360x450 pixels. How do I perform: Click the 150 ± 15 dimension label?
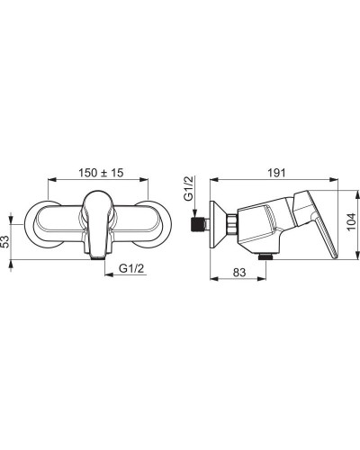pyautogui.click(x=101, y=173)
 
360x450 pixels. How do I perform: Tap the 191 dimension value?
pyautogui.click(x=276, y=173)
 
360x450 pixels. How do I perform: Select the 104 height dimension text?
pyautogui.click(x=351, y=221)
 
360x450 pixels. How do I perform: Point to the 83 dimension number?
pyautogui.click(x=239, y=273)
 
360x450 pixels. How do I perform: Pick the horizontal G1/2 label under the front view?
pyautogui.click(x=131, y=268)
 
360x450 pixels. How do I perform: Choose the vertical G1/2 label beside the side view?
pyautogui.click(x=189, y=188)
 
